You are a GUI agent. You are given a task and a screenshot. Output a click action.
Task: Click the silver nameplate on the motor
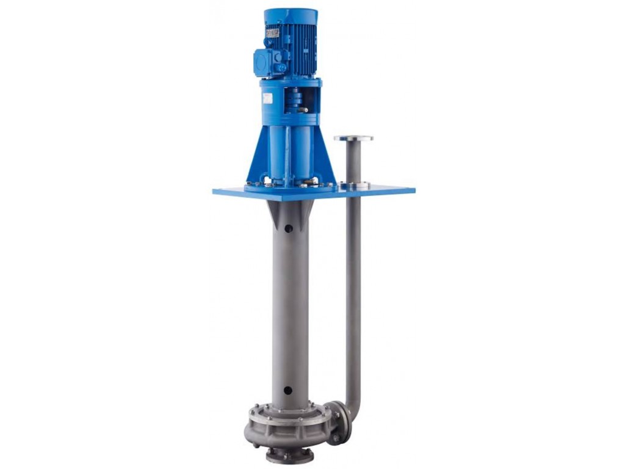click(272, 32)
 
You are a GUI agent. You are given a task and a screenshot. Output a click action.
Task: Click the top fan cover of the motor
click(291, 13)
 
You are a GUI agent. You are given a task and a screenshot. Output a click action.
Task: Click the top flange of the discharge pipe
click(353, 138)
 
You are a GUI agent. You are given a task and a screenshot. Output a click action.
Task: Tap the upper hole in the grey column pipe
click(288, 228)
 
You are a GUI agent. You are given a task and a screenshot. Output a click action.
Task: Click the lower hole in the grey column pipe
click(287, 390)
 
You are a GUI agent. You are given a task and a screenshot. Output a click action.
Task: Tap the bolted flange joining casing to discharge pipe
click(339, 421)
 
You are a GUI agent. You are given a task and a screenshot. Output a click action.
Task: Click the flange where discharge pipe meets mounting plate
click(354, 184)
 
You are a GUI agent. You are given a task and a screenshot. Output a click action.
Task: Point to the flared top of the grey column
click(290, 211)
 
